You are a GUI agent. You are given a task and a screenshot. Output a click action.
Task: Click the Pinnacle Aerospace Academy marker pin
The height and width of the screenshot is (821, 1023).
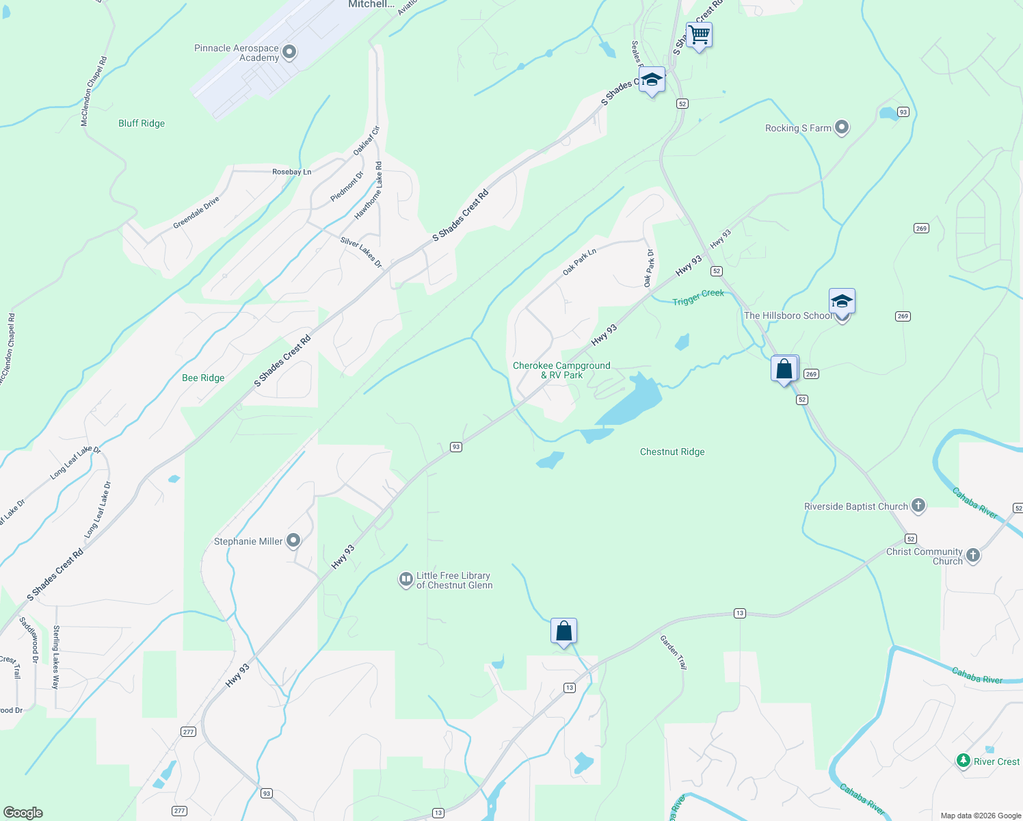pos(289,52)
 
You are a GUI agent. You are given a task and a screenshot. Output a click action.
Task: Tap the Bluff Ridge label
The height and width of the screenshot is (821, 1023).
pos(142,124)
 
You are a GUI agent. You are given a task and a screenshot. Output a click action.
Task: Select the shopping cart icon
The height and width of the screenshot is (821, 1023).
pos(699,34)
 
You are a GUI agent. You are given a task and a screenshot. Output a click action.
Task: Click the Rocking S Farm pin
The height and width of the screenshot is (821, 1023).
pos(842,127)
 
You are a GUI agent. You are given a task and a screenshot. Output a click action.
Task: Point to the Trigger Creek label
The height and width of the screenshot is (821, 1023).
pos(697,298)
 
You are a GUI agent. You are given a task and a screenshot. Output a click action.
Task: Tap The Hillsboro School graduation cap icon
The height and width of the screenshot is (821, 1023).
pos(842,301)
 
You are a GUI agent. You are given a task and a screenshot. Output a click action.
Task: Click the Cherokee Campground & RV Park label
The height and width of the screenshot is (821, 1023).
pos(561,370)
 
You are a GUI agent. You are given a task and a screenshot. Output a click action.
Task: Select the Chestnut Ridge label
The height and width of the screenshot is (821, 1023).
pos(672,452)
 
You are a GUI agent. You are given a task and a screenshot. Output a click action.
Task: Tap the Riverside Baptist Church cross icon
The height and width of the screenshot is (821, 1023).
pos(918,506)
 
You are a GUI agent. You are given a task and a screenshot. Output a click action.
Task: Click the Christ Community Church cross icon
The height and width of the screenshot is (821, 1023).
pos(973,556)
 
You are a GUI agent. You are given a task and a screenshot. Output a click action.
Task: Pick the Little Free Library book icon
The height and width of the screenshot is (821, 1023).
pos(406,579)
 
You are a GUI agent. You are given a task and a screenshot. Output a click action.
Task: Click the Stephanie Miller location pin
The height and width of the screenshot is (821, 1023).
pos(293,540)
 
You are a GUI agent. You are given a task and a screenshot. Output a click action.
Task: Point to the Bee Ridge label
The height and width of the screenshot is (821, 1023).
pos(203,378)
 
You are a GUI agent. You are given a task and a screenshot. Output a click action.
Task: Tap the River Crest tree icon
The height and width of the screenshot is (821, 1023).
pos(963,761)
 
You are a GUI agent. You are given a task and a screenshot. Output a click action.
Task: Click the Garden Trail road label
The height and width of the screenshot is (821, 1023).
pos(674,651)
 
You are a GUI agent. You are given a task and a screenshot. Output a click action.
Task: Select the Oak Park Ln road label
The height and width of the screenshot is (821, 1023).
pos(579,262)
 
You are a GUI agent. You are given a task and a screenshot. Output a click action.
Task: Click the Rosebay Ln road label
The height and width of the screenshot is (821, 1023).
pos(291,172)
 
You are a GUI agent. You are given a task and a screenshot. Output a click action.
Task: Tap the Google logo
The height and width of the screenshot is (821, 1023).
pos(23,813)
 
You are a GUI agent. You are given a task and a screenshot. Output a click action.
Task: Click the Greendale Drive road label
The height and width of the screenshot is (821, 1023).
pos(196,213)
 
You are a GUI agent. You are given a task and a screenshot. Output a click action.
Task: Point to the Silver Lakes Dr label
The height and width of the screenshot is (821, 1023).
pos(362,252)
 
